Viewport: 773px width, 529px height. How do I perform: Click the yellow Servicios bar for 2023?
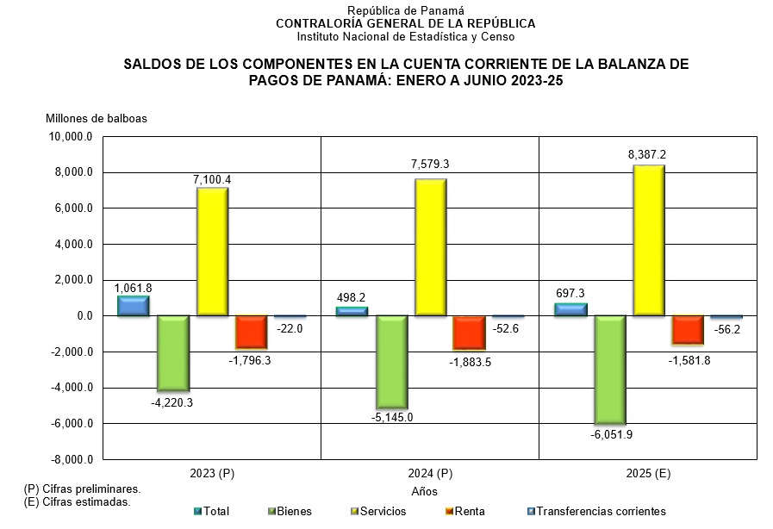[x=213, y=252]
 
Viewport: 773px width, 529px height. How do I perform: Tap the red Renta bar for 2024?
[x=469, y=332]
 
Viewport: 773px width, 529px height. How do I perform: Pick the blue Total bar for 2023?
[x=134, y=306]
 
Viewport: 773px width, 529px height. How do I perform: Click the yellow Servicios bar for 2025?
[x=648, y=240]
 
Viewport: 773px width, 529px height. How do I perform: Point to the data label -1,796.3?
[x=250, y=360]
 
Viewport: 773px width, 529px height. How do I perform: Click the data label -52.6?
[x=507, y=328]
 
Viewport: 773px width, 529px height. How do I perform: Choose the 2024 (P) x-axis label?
[x=429, y=474]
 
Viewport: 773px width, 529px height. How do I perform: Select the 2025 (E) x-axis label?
[x=647, y=474]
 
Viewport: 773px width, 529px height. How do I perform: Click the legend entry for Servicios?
[x=380, y=512]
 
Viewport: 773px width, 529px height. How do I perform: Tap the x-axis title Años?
[x=425, y=492]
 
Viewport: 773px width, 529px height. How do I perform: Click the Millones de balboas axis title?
[x=97, y=118]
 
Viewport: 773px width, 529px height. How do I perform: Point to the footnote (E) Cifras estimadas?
[x=78, y=501]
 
